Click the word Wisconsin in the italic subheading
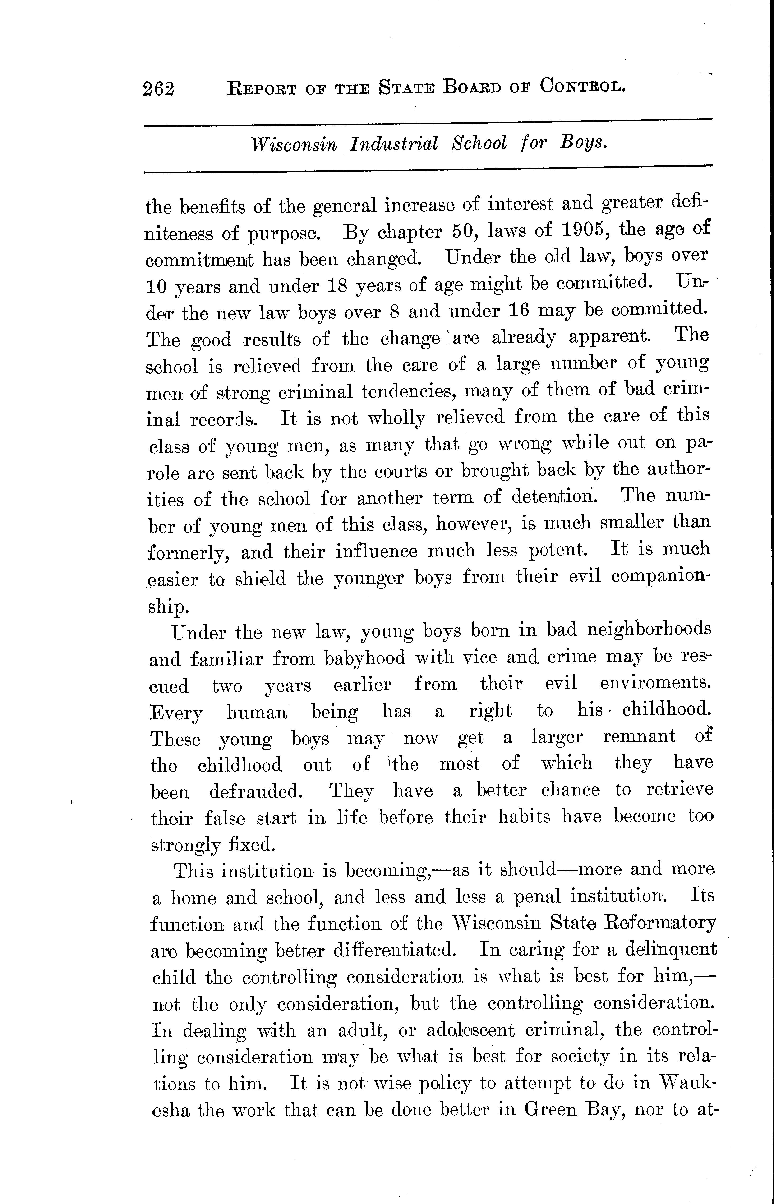(294, 145)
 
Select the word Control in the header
(583, 87)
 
